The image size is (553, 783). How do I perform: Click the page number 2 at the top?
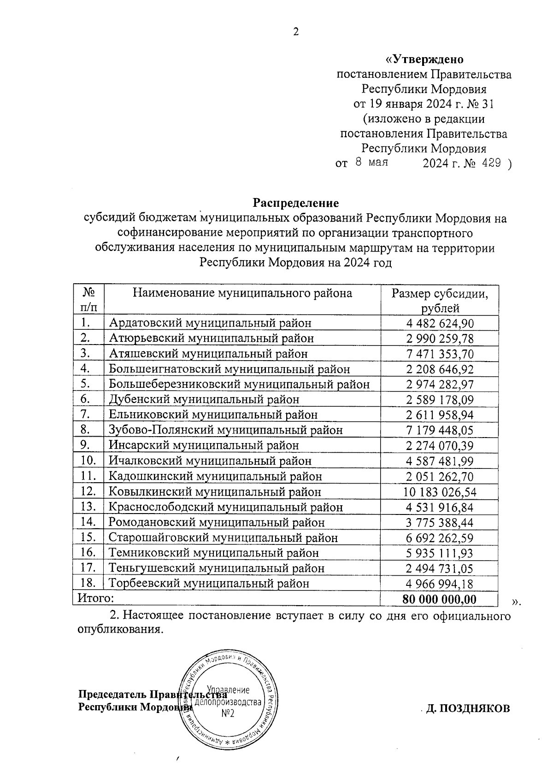[x=296, y=32]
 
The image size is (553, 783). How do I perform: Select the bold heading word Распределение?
[x=295, y=203]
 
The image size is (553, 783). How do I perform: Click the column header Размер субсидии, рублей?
[x=440, y=300]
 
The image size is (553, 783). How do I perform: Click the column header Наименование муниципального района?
[x=242, y=293]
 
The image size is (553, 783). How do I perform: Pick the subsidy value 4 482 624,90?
[x=440, y=323]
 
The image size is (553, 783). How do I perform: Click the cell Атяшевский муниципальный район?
[x=208, y=354]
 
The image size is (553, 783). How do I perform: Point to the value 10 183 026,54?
[x=440, y=492]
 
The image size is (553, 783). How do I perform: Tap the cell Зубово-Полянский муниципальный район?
[x=226, y=430]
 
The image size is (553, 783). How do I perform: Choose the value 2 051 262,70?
[x=440, y=477]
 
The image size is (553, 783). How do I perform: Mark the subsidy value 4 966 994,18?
[x=440, y=584]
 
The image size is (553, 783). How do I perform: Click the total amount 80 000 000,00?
[x=439, y=599]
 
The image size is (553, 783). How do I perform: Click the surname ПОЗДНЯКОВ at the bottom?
[x=468, y=708]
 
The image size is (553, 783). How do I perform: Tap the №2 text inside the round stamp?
[x=228, y=713]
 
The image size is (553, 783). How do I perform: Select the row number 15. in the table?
[x=88, y=537]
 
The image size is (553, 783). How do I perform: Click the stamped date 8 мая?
[x=371, y=162]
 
